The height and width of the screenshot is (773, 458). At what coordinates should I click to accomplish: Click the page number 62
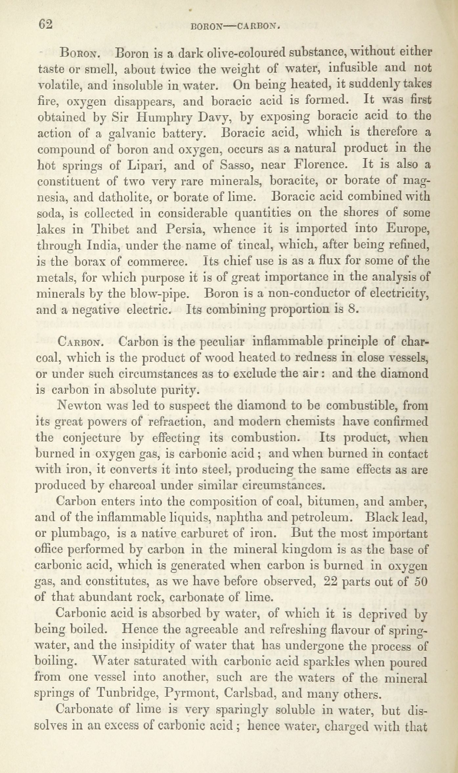point(46,25)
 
